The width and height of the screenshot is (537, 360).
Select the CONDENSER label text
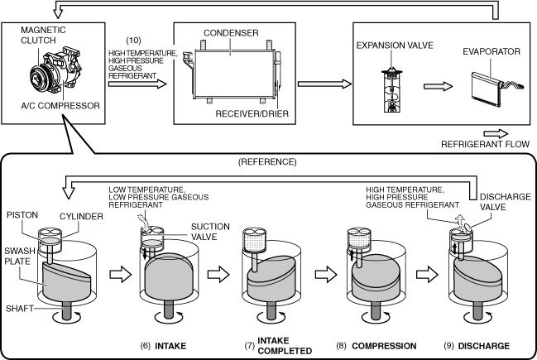click(x=231, y=33)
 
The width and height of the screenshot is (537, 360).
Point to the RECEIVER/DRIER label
click(x=252, y=113)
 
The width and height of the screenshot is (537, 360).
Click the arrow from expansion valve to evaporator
click(x=438, y=86)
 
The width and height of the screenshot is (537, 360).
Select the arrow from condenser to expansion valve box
click(x=324, y=84)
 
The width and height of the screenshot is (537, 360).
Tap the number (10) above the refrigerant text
click(x=133, y=41)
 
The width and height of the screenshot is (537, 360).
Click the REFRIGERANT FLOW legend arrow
click(x=496, y=133)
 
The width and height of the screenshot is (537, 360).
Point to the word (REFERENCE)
click(x=267, y=161)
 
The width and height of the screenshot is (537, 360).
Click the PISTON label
click(x=22, y=215)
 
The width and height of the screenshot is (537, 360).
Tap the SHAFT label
click(x=20, y=309)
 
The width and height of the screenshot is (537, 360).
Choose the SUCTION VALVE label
click(x=210, y=232)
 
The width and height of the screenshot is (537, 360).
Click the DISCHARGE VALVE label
click(x=506, y=202)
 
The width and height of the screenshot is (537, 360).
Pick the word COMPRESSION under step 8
click(x=384, y=346)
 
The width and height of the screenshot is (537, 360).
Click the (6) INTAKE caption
click(x=163, y=346)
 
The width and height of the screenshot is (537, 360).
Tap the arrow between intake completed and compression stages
click(x=326, y=275)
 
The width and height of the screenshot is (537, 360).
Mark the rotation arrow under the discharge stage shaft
click(x=477, y=318)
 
